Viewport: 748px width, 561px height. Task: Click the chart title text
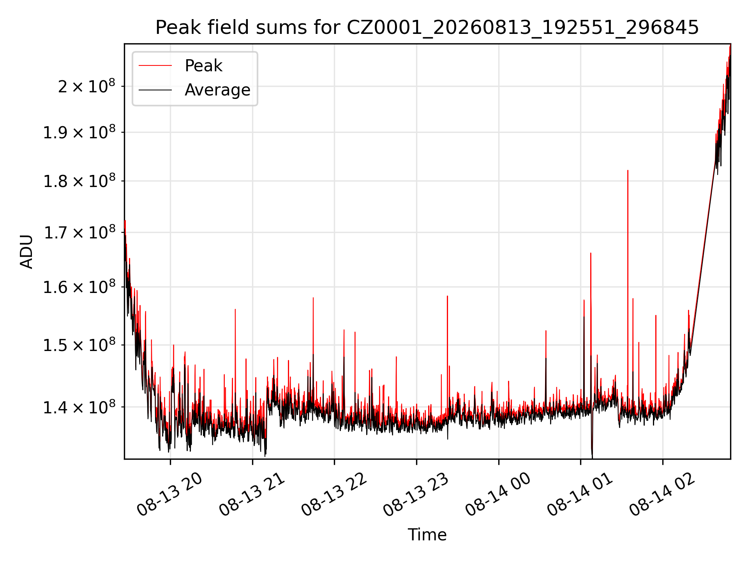click(x=427, y=28)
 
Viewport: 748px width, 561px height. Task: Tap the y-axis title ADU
click(x=26, y=251)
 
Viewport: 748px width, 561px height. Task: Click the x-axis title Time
click(x=427, y=535)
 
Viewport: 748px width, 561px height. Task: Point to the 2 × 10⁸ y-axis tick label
click(x=86, y=86)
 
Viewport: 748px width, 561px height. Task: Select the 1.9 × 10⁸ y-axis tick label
click(x=79, y=132)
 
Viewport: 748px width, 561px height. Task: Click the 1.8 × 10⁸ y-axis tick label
click(x=79, y=181)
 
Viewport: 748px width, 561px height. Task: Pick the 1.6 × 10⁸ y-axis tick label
click(x=79, y=287)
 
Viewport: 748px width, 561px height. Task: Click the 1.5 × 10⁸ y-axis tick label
click(x=79, y=345)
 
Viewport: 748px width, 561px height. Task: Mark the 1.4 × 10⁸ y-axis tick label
click(x=79, y=407)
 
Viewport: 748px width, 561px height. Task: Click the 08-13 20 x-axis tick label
click(x=170, y=495)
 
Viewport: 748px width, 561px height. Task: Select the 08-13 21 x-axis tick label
click(x=252, y=495)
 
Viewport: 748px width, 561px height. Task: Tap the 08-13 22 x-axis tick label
click(x=334, y=495)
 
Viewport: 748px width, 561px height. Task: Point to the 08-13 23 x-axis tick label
click(x=416, y=495)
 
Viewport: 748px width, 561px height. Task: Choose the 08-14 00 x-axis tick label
click(x=499, y=495)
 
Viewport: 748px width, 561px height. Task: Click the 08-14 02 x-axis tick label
click(x=663, y=495)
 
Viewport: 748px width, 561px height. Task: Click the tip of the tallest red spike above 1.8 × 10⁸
click(x=628, y=170)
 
